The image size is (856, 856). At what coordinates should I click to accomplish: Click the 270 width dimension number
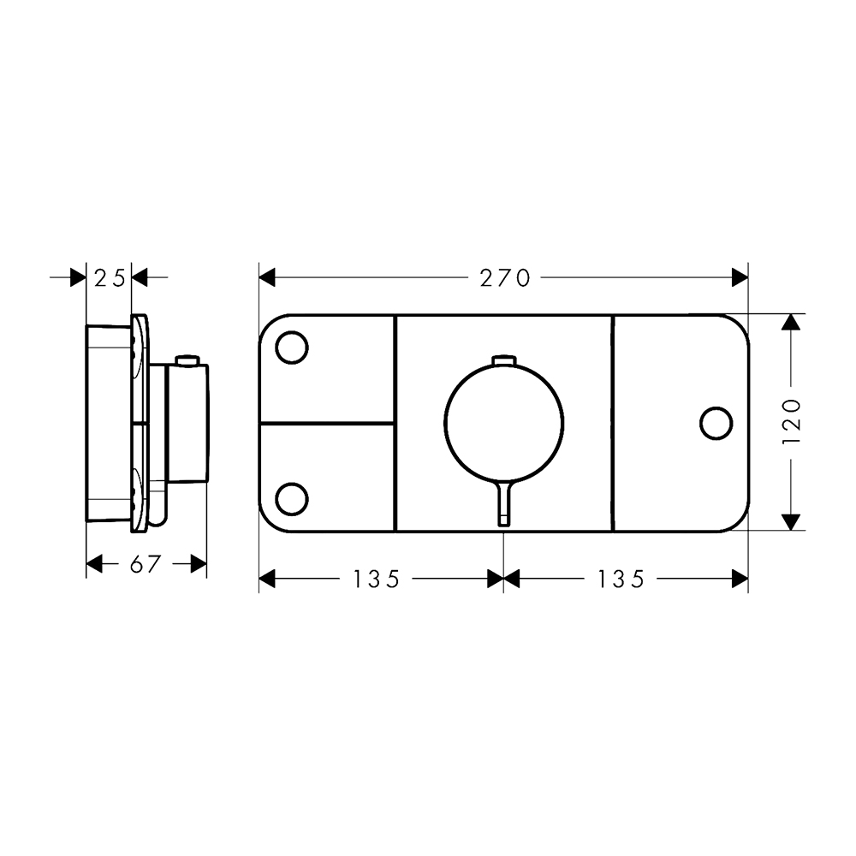pyautogui.click(x=504, y=278)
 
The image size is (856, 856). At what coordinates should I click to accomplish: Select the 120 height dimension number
pyautogui.click(x=792, y=421)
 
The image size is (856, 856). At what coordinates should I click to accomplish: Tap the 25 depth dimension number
pyautogui.click(x=110, y=278)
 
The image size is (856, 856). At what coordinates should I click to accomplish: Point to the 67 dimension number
pyautogui.click(x=146, y=564)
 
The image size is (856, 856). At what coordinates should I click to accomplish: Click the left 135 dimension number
pyautogui.click(x=377, y=579)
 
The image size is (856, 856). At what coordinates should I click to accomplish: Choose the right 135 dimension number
pyautogui.click(x=621, y=579)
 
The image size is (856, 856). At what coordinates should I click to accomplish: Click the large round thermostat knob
pyautogui.click(x=504, y=423)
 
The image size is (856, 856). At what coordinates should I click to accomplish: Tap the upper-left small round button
pyautogui.click(x=292, y=348)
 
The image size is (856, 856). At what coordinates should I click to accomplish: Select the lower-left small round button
pyautogui.click(x=292, y=499)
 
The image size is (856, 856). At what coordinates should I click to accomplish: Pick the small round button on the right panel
pyautogui.click(x=716, y=423)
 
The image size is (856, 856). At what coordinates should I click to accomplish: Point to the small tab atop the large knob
pyautogui.click(x=504, y=360)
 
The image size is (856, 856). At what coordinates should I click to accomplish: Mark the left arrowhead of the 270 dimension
pyautogui.click(x=267, y=278)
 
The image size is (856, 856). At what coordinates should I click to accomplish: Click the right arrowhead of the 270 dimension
pyautogui.click(x=740, y=278)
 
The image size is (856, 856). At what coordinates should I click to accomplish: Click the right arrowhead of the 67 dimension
pyautogui.click(x=199, y=564)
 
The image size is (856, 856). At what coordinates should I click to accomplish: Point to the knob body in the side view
pyautogui.click(x=187, y=423)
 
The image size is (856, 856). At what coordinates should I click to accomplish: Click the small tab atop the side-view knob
pyautogui.click(x=187, y=360)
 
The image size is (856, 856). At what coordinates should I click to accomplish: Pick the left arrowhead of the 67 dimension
pyautogui.click(x=94, y=564)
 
